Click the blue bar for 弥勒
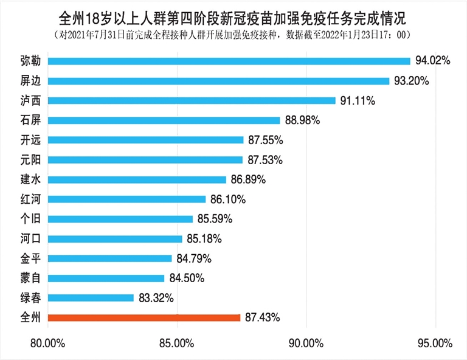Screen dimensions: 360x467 [x=229, y=61]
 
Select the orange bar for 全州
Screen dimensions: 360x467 [x=144, y=317]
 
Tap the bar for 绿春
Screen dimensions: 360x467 [x=91, y=298]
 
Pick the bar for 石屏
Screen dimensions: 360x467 [x=164, y=120]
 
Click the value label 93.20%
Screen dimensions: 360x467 [x=412, y=81]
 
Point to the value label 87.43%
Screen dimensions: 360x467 [x=263, y=317]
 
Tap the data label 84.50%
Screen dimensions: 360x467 [x=186, y=278]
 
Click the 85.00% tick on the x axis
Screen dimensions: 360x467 [x=177, y=344]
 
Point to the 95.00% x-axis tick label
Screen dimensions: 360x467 [x=435, y=344]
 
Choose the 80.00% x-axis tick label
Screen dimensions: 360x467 [x=47, y=344]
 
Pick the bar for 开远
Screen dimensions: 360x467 [x=145, y=140]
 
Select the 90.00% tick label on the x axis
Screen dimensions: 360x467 [x=306, y=344]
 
